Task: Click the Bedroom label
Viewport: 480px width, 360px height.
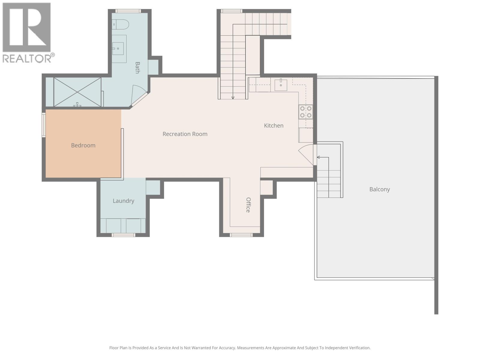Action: point(83,145)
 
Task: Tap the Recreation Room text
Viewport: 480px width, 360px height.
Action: point(185,134)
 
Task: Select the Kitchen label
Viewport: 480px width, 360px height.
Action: point(274,126)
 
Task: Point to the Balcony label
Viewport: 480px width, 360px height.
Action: point(379,189)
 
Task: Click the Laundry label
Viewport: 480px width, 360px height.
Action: point(123,201)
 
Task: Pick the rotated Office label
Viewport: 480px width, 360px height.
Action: point(248,205)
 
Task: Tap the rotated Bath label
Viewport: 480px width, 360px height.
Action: point(137,67)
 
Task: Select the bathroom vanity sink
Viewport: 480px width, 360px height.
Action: point(118,48)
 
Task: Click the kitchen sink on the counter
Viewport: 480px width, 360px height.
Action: point(281,85)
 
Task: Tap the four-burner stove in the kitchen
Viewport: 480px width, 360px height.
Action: point(306,112)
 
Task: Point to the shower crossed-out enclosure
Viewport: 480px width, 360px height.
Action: point(77,92)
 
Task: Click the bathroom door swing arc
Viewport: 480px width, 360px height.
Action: point(139,92)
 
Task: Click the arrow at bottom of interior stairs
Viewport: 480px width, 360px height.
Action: point(233,97)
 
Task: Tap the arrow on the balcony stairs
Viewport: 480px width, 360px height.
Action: point(319,157)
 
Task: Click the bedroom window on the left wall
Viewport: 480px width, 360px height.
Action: point(44,125)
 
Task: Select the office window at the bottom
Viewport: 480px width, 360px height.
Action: point(241,235)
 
